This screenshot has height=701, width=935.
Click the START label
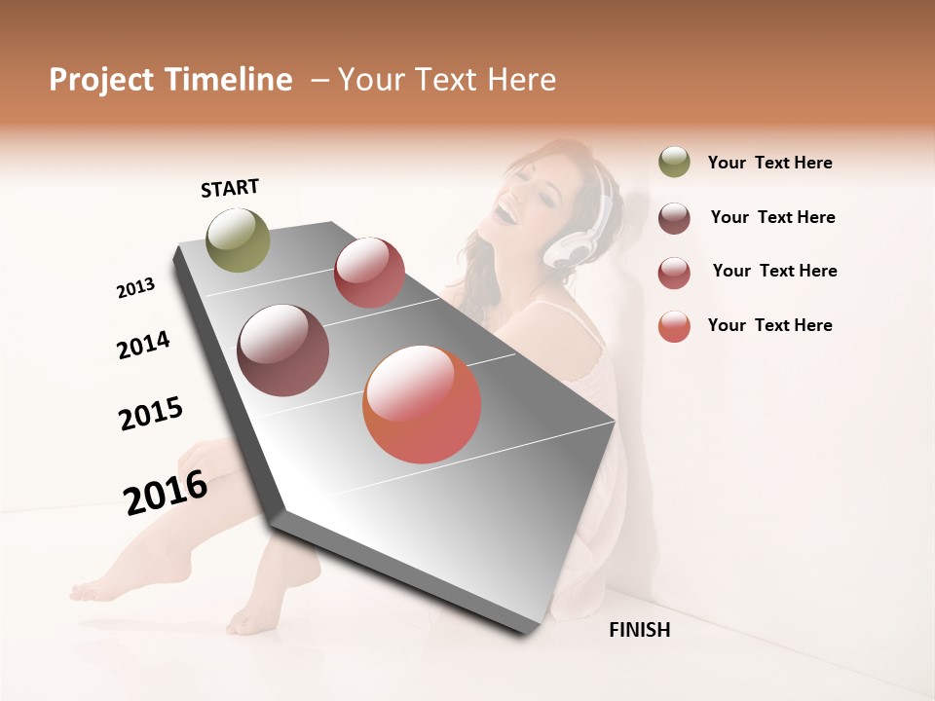230,188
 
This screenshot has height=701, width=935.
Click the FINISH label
639,630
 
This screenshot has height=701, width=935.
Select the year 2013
135,288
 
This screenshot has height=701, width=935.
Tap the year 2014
143,345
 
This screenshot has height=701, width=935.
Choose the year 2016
166,492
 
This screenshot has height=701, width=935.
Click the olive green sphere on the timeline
238,240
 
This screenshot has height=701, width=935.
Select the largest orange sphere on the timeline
422,404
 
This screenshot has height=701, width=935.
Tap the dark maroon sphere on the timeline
282,350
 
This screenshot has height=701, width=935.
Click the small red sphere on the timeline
369,273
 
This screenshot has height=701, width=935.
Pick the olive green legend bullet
674,163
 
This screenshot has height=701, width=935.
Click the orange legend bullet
674,326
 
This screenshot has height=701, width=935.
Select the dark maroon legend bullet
674,218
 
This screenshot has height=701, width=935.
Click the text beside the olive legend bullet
769,163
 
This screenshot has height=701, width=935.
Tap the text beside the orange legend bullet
769,325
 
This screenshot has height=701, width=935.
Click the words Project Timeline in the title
170,80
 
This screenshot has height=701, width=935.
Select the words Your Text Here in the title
447,80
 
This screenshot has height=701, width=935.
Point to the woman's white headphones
584,229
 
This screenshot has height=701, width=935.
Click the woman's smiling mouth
508,209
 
